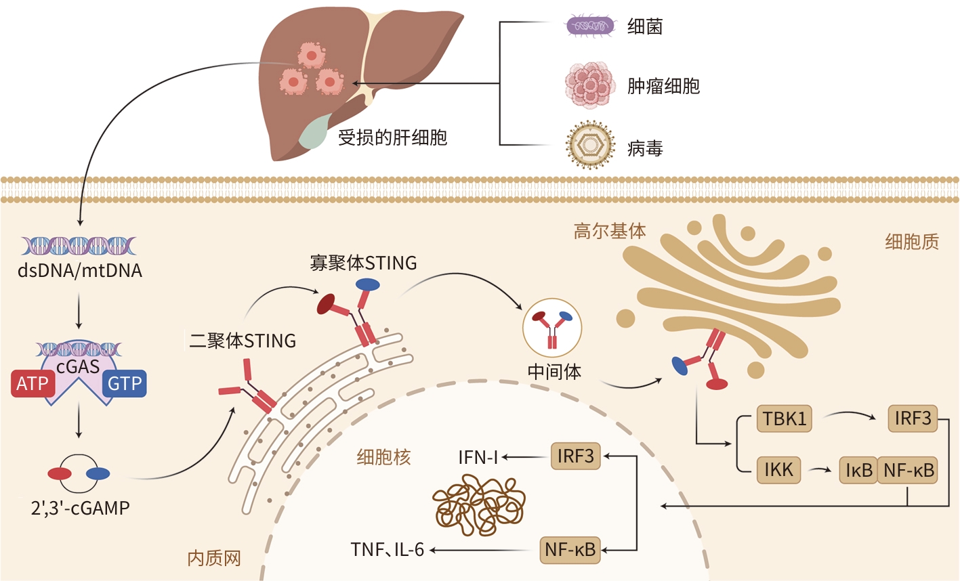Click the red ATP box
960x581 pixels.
[33, 383]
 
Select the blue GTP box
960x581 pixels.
[125, 383]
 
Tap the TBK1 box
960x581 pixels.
[785, 418]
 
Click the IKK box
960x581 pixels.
[778, 469]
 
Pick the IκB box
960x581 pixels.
[859, 470]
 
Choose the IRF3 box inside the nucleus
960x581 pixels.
[575, 456]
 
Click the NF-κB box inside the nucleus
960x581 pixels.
[570, 549]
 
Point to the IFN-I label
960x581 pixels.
[478, 457]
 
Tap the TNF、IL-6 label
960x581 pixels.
[387, 549]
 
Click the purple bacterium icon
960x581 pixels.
[590, 26]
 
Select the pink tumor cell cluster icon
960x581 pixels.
[590, 85]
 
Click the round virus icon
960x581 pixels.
[591, 145]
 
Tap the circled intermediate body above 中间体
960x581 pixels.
[552, 328]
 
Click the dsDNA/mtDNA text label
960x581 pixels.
[80, 271]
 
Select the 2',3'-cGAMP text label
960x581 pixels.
[80, 508]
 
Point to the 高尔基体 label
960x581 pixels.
[610, 231]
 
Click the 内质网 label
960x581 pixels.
[214, 558]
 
